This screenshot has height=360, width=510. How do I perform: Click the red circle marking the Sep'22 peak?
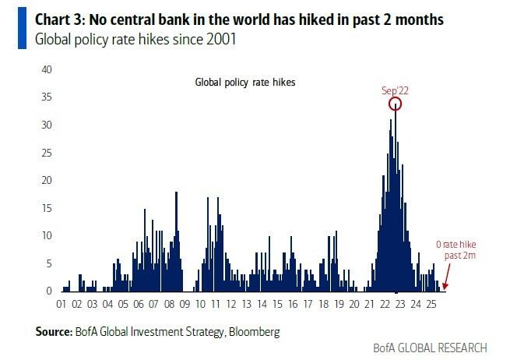pos(396,104)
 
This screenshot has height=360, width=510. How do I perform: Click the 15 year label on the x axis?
pos(277,305)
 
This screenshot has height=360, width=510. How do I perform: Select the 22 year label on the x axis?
pos(385,305)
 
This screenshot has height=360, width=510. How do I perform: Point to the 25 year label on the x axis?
pos(431,305)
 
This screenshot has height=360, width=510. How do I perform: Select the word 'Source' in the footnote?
pos(53,331)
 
